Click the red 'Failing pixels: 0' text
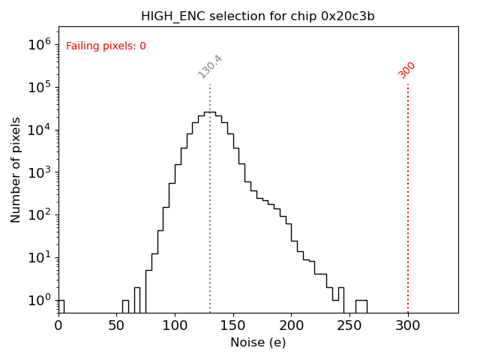(106, 46)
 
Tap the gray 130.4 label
(210, 67)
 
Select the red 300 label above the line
(407, 70)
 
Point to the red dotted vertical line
(408, 195)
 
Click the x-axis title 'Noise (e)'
(258, 343)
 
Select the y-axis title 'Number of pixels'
(16, 169)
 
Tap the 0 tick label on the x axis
(58, 325)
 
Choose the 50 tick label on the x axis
(116, 325)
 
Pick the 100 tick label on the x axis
(175, 325)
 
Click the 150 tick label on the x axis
(233, 325)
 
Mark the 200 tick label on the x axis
(291, 325)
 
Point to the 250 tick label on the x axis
(349, 325)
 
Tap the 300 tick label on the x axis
(408, 325)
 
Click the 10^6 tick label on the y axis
(38, 44)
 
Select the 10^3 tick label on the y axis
(38, 172)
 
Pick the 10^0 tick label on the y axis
(38, 301)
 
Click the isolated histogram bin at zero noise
(61, 306)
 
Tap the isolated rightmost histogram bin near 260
(361, 306)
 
